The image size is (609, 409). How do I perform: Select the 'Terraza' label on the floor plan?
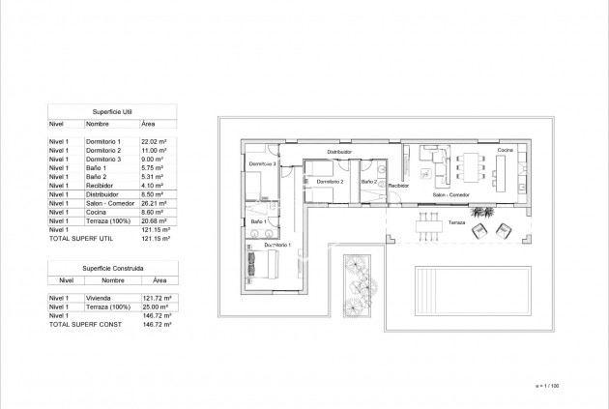pyautogui.click(x=455, y=221)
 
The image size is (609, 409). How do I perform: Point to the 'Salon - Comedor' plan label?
pyautogui.click(x=451, y=194)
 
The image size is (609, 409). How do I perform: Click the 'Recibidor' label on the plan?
pyautogui.click(x=398, y=185)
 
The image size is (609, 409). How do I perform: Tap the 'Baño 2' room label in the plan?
pyautogui.click(x=368, y=181)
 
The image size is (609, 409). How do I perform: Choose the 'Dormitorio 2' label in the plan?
pyautogui.click(x=330, y=181)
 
